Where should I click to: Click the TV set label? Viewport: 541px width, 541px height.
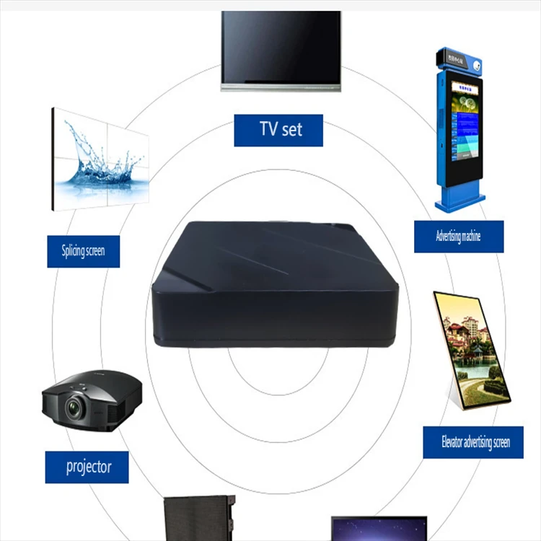click(278, 130)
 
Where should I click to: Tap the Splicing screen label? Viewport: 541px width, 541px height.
click(83, 251)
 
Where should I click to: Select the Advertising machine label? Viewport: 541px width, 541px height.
click(458, 236)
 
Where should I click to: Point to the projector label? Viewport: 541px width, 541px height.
click(88, 467)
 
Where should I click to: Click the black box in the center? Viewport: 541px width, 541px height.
click(274, 285)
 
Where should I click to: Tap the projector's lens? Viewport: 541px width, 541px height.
click(74, 408)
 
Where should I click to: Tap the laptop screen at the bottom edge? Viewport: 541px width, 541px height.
click(379, 529)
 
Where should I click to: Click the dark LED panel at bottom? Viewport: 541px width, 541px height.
click(195, 519)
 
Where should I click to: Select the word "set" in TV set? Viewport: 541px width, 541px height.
click(291, 130)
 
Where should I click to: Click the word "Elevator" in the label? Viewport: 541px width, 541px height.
click(456, 442)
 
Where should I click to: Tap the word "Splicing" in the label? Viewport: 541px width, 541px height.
click(72, 251)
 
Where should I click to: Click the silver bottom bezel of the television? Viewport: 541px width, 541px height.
click(281, 87)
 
